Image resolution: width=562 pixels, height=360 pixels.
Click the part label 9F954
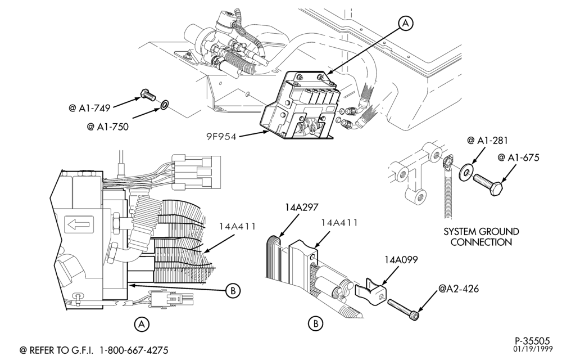click(221, 137)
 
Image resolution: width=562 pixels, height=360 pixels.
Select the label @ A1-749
click(89, 107)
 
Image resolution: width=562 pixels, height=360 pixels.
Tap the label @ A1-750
click(107, 127)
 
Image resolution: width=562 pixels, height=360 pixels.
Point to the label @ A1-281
click(487, 140)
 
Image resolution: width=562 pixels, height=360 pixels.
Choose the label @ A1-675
click(518, 157)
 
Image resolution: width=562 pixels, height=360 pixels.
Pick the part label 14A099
click(401, 259)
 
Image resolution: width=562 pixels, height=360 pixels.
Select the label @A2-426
click(459, 289)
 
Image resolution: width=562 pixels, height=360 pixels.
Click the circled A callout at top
click(406, 23)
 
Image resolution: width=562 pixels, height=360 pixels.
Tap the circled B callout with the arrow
click(233, 290)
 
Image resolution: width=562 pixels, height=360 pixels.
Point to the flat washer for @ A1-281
click(466, 172)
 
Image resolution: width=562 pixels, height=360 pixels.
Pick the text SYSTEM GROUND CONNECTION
click(481, 237)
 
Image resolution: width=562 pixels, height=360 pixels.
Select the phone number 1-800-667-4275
click(134, 350)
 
